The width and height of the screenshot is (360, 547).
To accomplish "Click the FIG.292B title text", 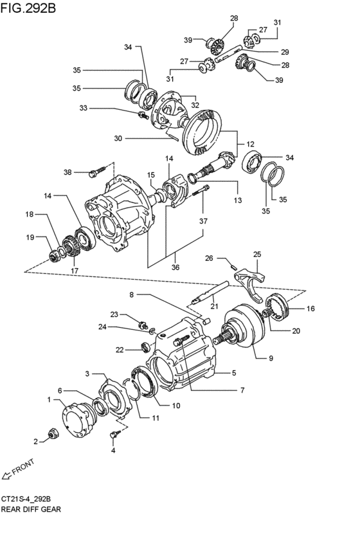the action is pos(28,8).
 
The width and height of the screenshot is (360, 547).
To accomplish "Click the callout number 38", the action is pos(67,172).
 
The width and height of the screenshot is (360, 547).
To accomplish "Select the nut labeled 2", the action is pos(53,433).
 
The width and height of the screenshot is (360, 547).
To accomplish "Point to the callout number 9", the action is pos(271,358).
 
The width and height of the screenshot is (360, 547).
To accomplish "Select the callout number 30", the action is pos(118,138).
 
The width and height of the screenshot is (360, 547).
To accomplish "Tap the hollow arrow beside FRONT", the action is pos(6,475).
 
